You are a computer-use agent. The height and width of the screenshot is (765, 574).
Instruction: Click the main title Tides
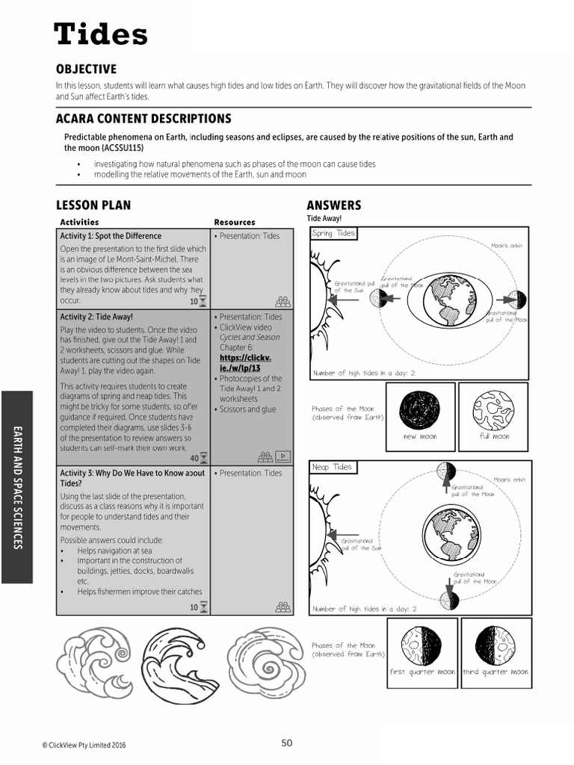pyautogui.click(x=101, y=34)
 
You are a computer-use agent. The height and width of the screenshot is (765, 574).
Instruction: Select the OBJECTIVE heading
pyautogui.click(x=86, y=69)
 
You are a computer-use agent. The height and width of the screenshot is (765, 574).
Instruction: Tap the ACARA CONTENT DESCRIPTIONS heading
pyautogui.click(x=143, y=119)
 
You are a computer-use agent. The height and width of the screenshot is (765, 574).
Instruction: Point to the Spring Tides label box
pyautogui.click(x=333, y=234)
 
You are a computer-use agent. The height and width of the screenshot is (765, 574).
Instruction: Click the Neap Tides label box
pyautogui.click(x=332, y=467)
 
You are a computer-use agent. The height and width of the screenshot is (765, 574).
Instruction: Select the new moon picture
pyautogui.click(x=419, y=409)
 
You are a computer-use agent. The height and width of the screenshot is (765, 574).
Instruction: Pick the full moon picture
pyautogui.click(x=493, y=409)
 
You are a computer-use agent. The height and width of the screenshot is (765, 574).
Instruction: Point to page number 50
pyautogui.click(x=287, y=743)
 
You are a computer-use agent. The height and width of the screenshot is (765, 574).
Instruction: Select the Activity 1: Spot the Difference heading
pyautogui.click(x=111, y=236)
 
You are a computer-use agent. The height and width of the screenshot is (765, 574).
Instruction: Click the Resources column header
pyautogui.click(x=234, y=222)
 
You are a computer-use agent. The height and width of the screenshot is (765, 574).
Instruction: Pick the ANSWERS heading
pyautogui.click(x=333, y=205)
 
